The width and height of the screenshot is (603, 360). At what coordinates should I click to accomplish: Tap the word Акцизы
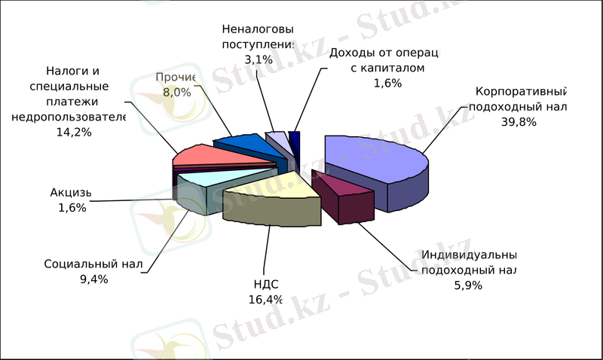pos(70,193)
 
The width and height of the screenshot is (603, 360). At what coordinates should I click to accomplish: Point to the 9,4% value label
pos(93,279)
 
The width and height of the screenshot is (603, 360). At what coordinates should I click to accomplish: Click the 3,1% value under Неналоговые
pos(256,57)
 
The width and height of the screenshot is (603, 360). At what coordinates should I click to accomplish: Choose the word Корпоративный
pos(520,93)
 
